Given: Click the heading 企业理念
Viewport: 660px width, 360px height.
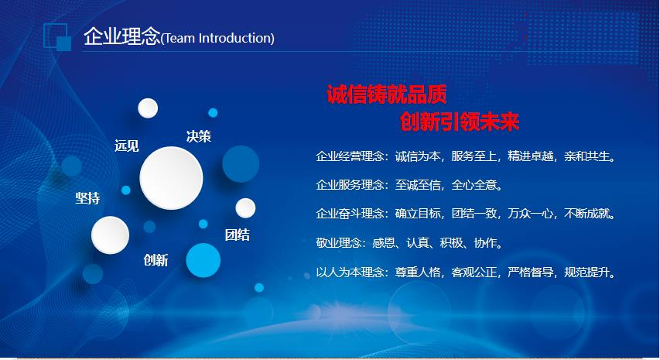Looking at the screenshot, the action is (x=122, y=36).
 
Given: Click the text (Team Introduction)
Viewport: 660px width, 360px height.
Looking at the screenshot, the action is (x=217, y=38).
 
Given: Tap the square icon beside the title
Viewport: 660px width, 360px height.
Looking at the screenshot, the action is (x=57, y=37).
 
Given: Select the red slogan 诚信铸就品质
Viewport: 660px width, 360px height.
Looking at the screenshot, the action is (x=386, y=94).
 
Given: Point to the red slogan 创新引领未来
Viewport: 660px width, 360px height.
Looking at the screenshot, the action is (x=460, y=122).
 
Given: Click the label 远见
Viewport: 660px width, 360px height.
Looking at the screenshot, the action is (x=127, y=146).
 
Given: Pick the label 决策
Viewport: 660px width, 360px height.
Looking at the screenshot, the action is (x=199, y=136).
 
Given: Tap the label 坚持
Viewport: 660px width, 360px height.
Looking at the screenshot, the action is (x=87, y=198).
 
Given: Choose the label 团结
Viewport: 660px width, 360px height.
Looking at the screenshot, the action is (x=238, y=235).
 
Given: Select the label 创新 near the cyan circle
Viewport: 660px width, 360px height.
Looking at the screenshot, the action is (x=156, y=260).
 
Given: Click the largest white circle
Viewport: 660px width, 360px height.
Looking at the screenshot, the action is (x=171, y=178).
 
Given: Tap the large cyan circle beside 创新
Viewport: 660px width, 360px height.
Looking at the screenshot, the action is (x=203, y=260).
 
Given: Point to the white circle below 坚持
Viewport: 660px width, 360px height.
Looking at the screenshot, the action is (x=111, y=235).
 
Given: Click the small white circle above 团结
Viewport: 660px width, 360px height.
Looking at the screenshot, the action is (x=245, y=208).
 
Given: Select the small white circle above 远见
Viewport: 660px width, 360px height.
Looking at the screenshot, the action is (x=148, y=108).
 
